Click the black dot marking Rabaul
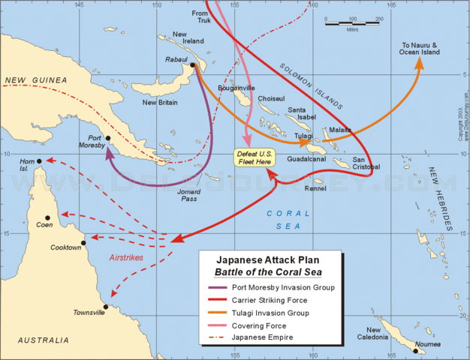[x=193, y=65]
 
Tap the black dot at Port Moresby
[x=108, y=138]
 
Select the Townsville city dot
[x=106, y=306]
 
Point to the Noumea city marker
[x=414, y=350]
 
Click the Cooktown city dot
[x=83, y=242]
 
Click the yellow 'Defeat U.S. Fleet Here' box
[x=252, y=157]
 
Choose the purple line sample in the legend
[x=220, y=287]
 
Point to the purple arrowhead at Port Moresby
[x=108, y=151]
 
